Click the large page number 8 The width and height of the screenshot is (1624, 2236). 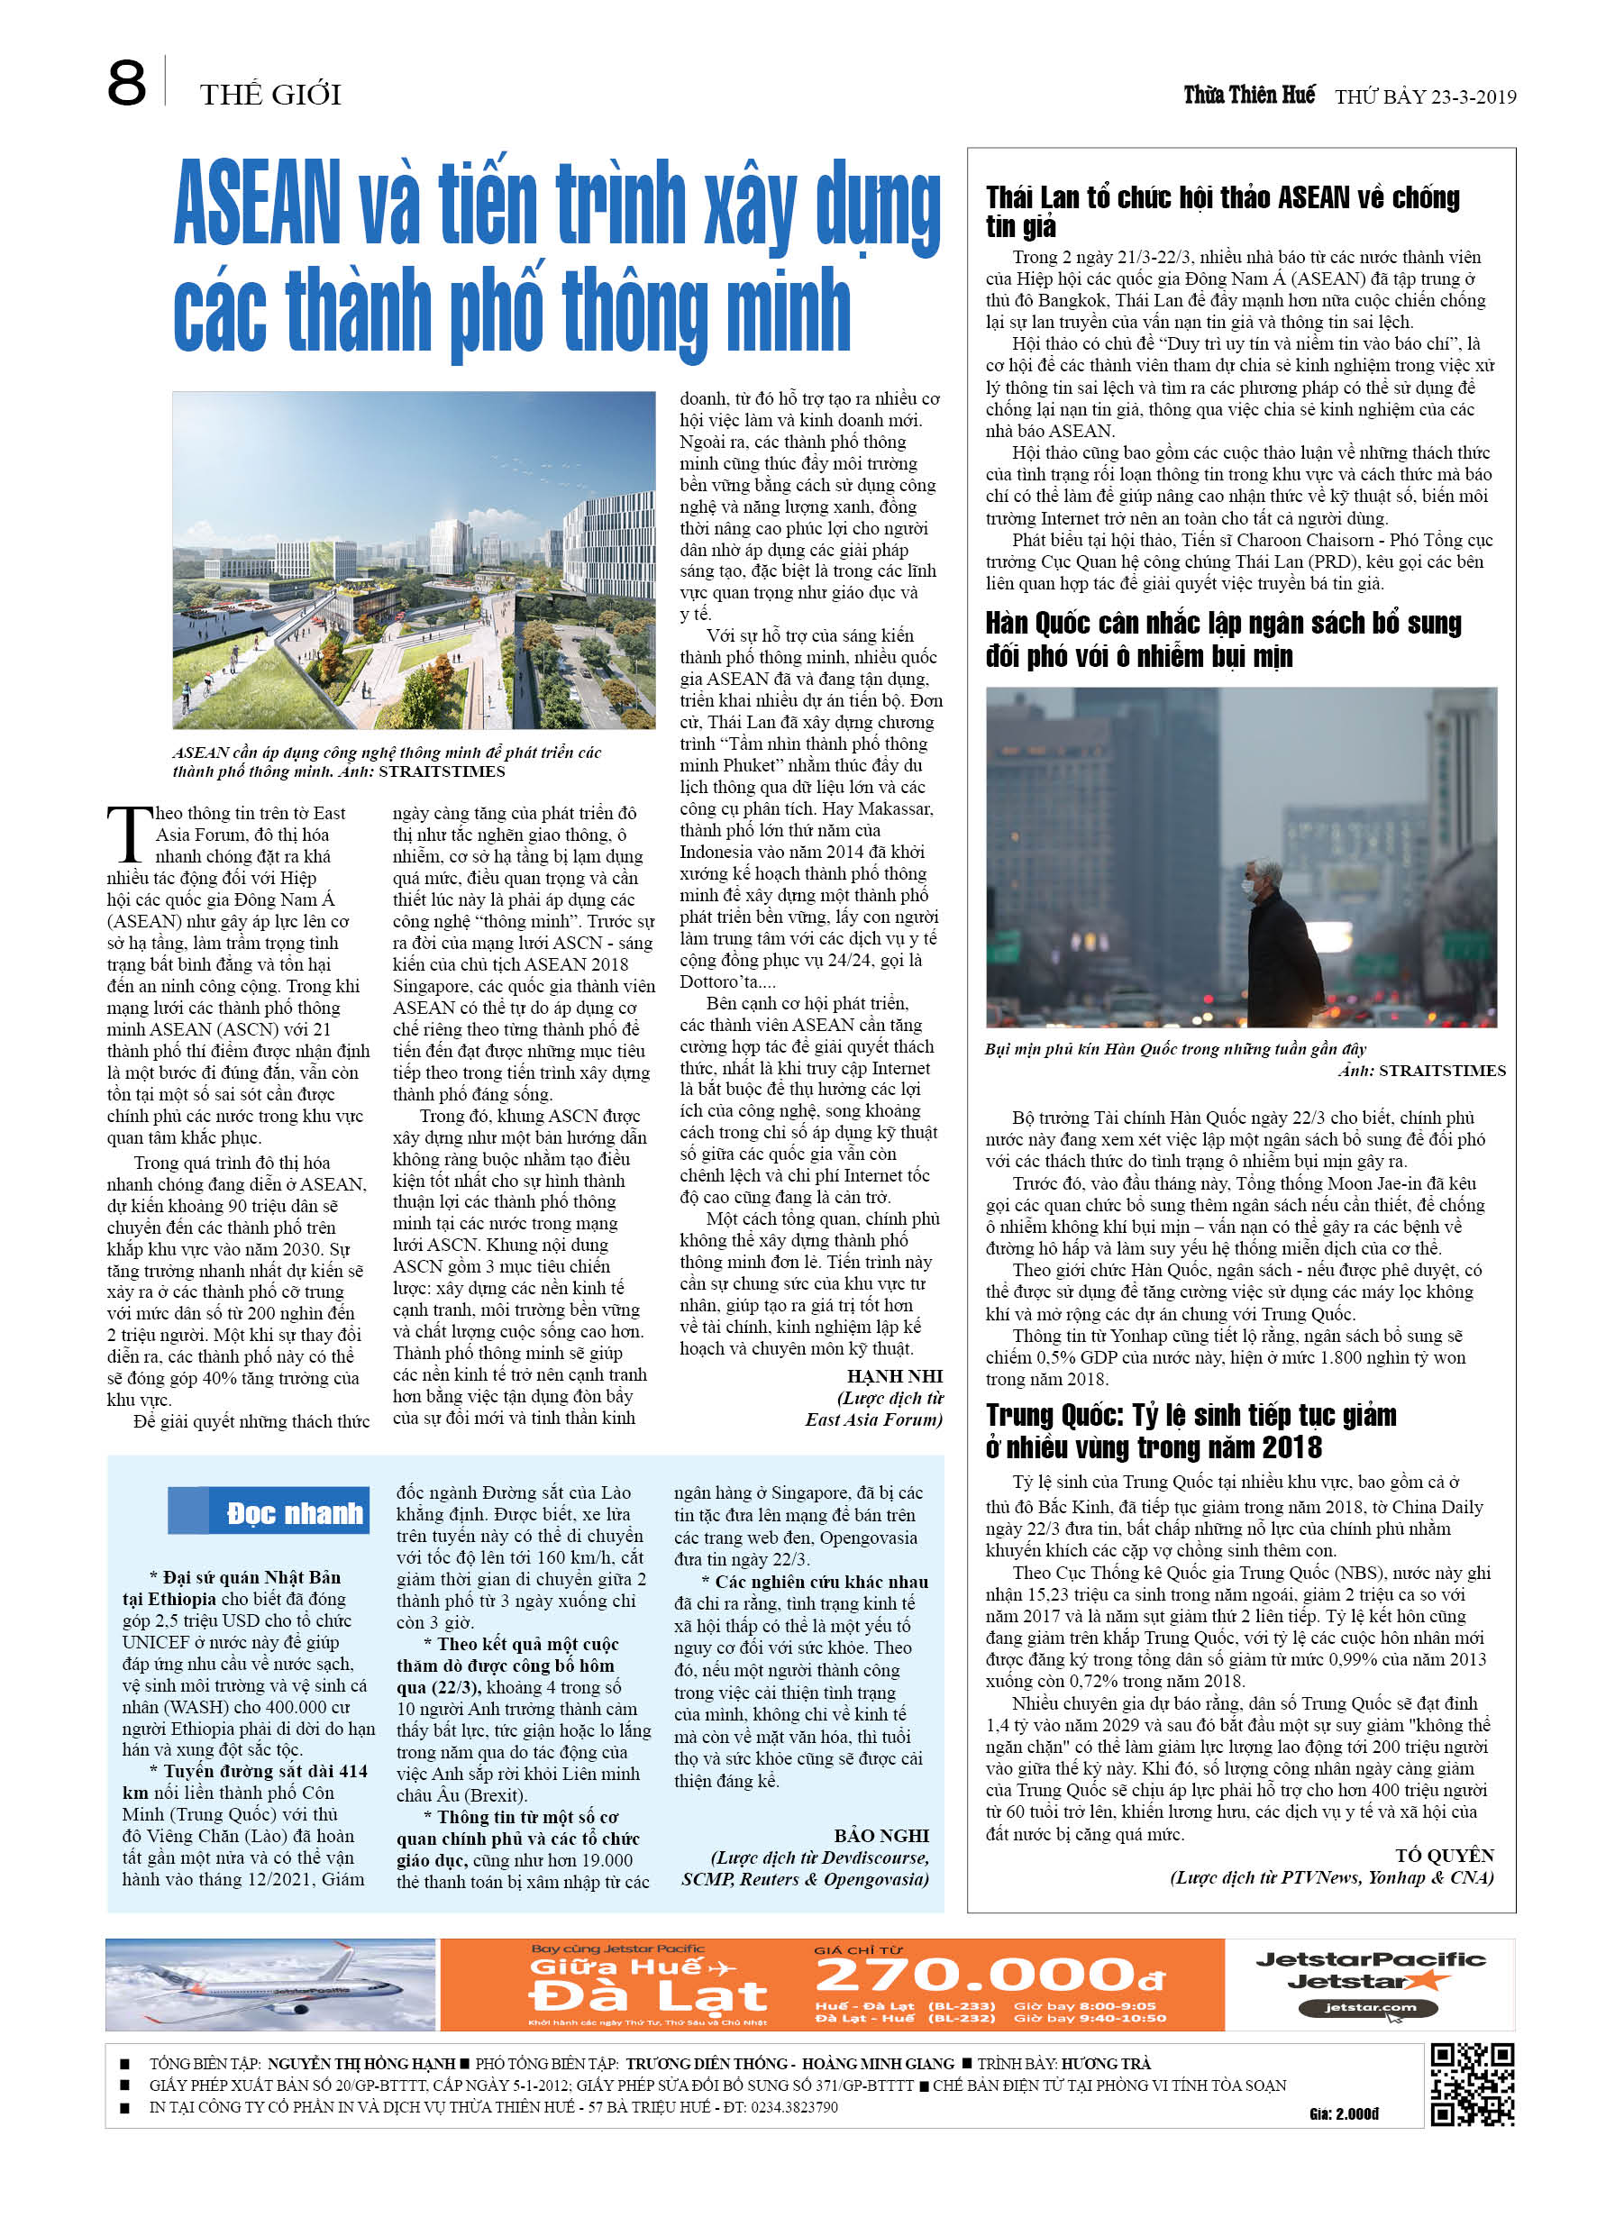[126, 83]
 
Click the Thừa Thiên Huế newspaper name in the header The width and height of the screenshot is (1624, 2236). [1248, 95]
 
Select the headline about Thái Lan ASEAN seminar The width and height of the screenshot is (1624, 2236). [1222, 211]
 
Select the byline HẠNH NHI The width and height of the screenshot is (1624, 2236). [894, 1376]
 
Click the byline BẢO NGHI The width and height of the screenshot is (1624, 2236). [880, 1836]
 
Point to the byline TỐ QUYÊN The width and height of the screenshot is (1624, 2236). [1444, 1856]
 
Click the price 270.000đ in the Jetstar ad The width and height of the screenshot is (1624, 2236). [988, 1975]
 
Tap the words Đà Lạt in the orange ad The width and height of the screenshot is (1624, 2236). [647, 1996]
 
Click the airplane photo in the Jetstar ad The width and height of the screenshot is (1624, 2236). [270, 1985]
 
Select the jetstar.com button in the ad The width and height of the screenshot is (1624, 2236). [1368, 2007]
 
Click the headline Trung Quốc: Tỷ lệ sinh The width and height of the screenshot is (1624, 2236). [1191, 1431]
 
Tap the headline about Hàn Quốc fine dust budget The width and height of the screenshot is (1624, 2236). [1223, 640]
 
